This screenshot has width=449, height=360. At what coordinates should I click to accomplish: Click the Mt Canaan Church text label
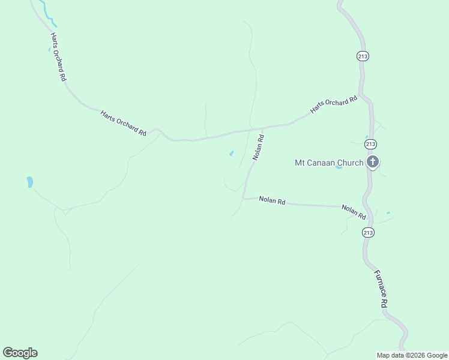[x=329, y=163]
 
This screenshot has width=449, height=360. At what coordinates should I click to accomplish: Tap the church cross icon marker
[x=373, y=161]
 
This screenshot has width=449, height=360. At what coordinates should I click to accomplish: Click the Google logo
[x=20, y=353]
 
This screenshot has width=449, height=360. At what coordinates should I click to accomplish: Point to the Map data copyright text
[x=412, y=355]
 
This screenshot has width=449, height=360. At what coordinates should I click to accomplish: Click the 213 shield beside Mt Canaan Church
[x=370, y=144]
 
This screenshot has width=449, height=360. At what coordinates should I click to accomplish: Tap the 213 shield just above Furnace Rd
[x=369, y=232]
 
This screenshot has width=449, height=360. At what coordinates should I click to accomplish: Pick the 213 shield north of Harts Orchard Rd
[x=362, y=56]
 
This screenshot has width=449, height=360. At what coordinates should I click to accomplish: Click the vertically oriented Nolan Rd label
[x=259, y=146]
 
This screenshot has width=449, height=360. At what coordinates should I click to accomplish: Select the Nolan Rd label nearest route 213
[x=354, y=211]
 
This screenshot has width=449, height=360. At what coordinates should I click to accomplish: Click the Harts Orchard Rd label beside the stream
[x=58, y=56]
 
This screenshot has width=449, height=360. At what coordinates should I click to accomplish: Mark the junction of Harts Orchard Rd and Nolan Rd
[x=262, y=128]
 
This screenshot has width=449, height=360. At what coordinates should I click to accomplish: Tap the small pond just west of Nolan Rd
[x=231, y=154]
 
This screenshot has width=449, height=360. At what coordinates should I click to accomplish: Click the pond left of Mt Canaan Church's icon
[x=339, y=167]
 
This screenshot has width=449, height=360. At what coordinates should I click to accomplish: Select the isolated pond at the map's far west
[x=29, y=182]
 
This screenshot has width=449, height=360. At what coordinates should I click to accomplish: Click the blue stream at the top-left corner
[x=43, y=10]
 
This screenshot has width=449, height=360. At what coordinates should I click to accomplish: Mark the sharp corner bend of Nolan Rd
[x=243, y=197]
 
